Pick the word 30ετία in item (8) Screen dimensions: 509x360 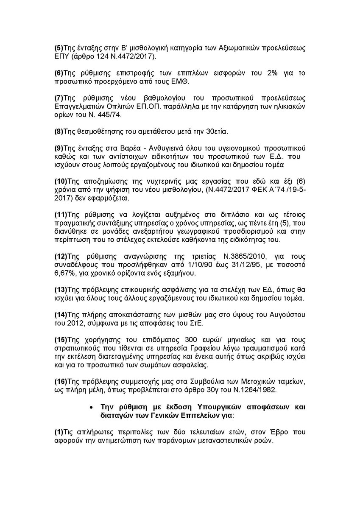pyautogui.click(x=215, y=131)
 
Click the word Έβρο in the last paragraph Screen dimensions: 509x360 pyautogui.click(x=265, y=432)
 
